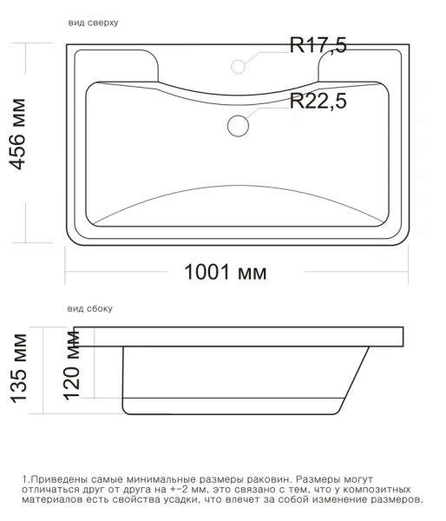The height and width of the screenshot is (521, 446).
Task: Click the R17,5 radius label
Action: pyautogui.click(x=318, y=46)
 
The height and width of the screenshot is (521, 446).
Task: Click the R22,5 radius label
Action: pyautogui.click(x=318, y=102)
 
